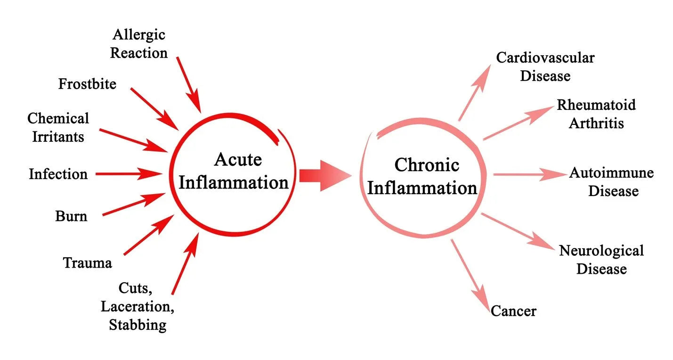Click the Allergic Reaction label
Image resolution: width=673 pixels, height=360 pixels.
click(x=139, y=43)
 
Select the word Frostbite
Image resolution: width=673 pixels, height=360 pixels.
click(x=87, y=84)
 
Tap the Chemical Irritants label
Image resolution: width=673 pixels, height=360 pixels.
click(x=57, y=127)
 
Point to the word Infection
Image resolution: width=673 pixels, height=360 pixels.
click(x=58, y=174)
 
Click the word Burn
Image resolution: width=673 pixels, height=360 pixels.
click(x=71, y=216)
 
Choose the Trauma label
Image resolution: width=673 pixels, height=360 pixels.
click(x=88, y=262)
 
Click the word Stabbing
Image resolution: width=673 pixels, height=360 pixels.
click(x=138, y=325)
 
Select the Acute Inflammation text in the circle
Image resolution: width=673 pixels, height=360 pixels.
click(x=234, y=171)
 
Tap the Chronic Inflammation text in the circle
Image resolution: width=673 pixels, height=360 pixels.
click(x=422, y=177)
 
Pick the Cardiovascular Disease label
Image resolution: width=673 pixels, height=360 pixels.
click(x=545, y=66)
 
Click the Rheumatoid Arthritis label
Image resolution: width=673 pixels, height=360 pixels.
click(x=596, y=114)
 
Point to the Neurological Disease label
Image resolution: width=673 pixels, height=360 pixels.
click(x=601, y=260)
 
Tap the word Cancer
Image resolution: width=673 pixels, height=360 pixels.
click(x=513, y=311)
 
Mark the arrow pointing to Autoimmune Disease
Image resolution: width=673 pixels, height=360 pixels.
click(x=529, y=174)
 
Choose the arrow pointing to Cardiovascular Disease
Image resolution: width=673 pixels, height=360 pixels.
click(x=475, y=92)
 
